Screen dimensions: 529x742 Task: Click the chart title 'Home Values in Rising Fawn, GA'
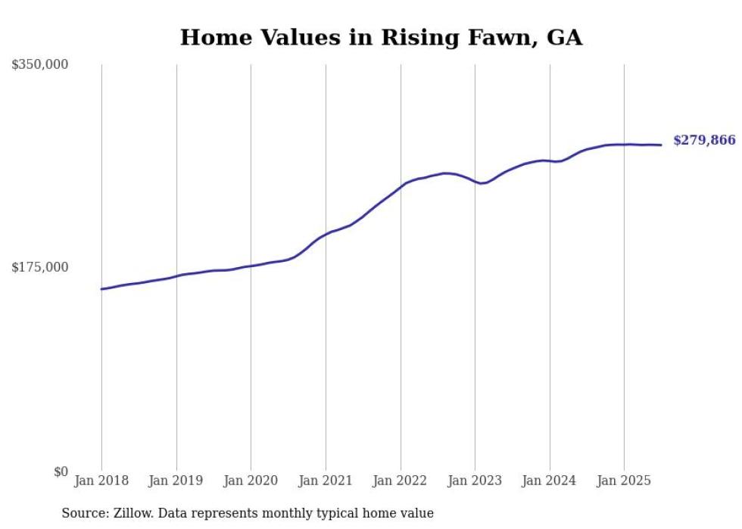click(381, 37)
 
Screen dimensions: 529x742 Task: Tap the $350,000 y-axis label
click(39, 65)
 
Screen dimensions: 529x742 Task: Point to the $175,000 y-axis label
click(39, 267)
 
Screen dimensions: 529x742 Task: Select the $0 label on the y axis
click(61, 471)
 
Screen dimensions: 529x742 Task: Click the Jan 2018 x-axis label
click(101, 481)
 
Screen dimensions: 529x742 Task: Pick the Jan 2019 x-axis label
click(176, 481)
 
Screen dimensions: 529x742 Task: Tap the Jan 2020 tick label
click(251, 481)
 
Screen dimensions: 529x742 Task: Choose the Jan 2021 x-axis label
click(326, 481)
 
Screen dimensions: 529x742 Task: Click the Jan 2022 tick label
click(401, 481)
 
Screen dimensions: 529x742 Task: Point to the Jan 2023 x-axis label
click(475, 481)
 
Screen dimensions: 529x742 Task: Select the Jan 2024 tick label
click(550, 481)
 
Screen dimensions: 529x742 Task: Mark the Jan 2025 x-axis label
click(624, 481)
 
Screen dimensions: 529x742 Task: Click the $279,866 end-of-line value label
click(704, 140)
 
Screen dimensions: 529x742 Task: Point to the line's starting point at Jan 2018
click(101, 289)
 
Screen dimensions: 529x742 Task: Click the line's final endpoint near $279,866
click(661, 145)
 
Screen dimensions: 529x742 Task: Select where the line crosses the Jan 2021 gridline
click(326, 234)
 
